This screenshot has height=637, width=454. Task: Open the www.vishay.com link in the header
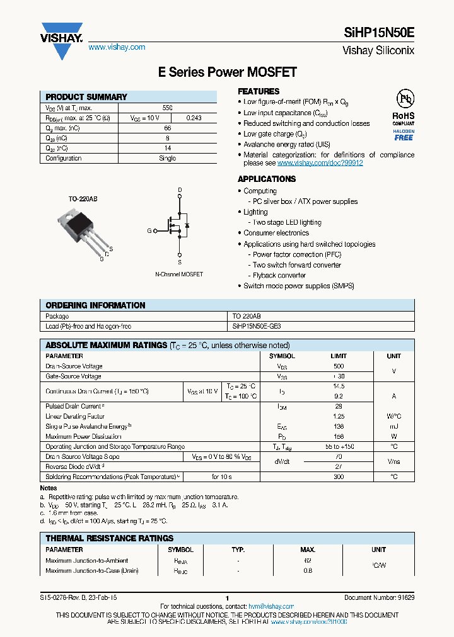tap(117, 47)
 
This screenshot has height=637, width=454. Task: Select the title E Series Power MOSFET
tap(227, 72)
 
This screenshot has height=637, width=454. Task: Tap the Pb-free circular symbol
tap(404, 99)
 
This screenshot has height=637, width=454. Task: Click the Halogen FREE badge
tap(404, 134)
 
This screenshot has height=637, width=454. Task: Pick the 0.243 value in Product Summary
tap(194, 118)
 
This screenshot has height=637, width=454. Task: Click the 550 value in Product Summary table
tap(168, 108)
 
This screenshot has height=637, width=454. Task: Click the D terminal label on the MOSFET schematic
tap(179, 189)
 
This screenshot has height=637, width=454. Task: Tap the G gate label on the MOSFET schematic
tap(149, 231)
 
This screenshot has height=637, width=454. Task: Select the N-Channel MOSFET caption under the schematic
tap(179, 274)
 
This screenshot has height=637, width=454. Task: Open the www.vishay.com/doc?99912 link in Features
tap(320, 163)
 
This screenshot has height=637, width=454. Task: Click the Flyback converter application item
tap(279, 275)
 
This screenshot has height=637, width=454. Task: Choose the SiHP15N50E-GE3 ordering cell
tap(257, 326)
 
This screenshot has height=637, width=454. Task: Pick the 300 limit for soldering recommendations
tap(339, 477)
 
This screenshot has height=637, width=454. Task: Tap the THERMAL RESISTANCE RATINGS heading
tap(109, 538)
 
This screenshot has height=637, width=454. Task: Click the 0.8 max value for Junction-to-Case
tap(308, 571)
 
